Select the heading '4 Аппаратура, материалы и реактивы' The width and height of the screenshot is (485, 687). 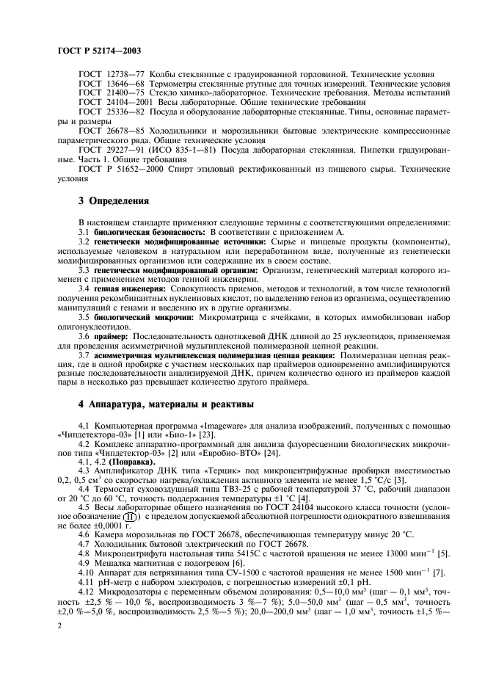(166, 404)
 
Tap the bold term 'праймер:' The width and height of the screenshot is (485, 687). (114, 337)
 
